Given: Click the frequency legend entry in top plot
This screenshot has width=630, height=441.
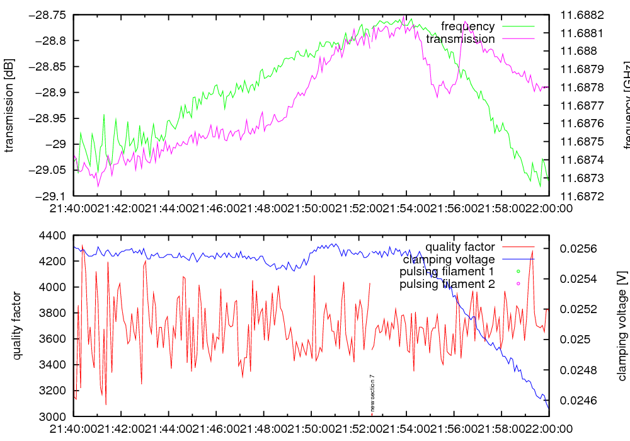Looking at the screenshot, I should coord(467,26).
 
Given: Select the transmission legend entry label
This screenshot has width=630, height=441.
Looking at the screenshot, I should coord(460,39).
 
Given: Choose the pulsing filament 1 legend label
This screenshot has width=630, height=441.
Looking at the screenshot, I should coord(447,272).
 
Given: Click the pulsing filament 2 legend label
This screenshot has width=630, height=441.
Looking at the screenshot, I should coord(447,284).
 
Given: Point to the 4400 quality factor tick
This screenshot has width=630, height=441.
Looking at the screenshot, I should coord(53,236).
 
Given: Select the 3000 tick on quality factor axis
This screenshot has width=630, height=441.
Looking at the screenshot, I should coord(53,416).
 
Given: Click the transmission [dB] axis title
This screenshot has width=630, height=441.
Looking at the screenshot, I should coord(9,105).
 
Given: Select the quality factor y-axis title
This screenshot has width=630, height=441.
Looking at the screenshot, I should coord(17,326).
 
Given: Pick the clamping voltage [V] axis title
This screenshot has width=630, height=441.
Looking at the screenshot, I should coord(622,326).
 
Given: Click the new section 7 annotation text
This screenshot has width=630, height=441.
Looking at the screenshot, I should coord(372,392).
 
